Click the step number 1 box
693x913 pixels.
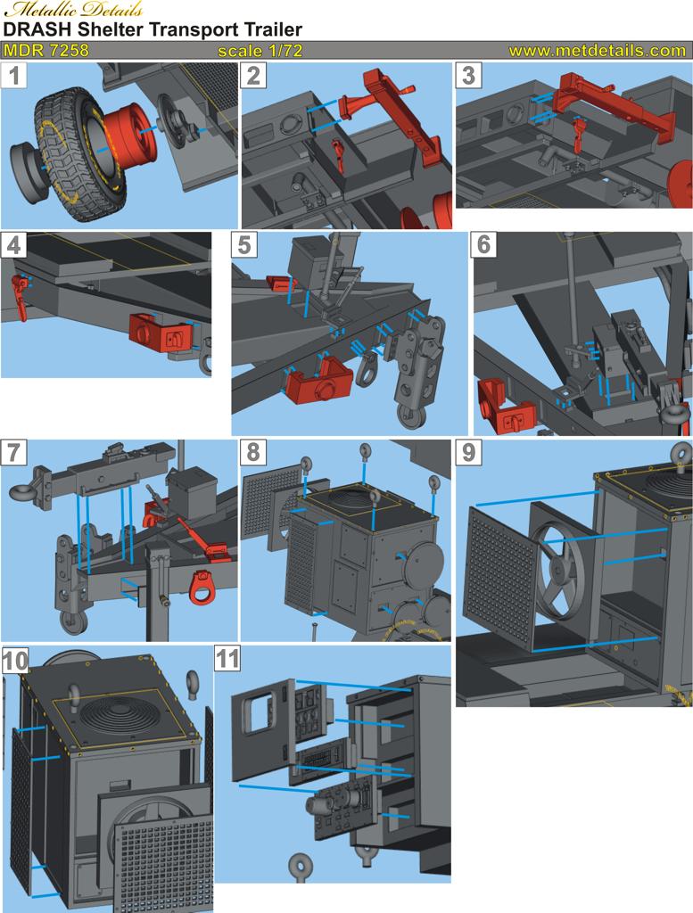14,76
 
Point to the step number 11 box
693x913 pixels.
228,659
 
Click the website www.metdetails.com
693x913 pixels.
597,51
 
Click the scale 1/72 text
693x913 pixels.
260,51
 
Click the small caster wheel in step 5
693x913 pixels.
410,415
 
